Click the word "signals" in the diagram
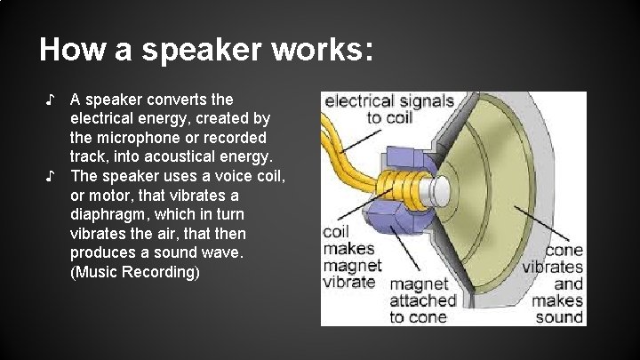pyautogui.click(x=421, y=101)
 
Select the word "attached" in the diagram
pyautogui.click(x=423, y=300)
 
